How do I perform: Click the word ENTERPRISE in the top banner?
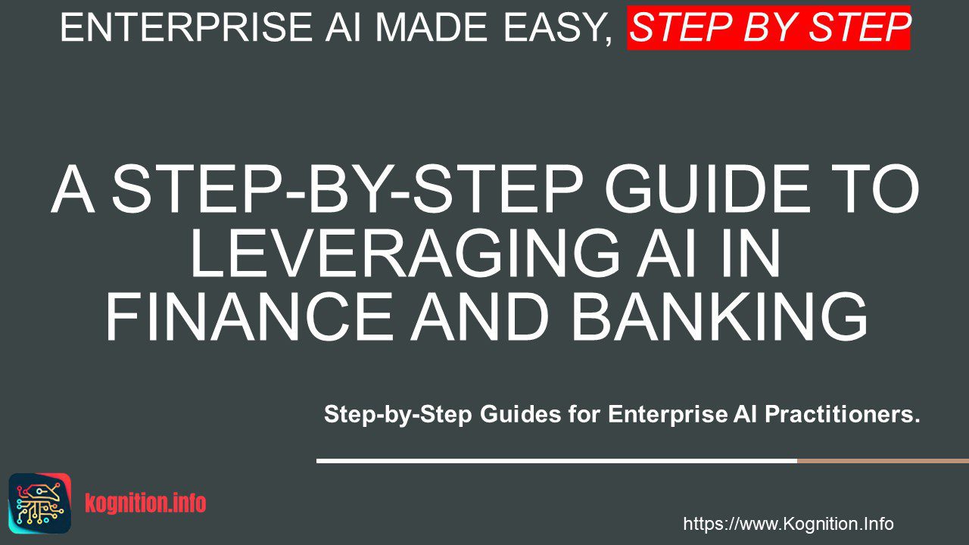click(x=186, y=27)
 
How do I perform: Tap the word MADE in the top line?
click(x=432, y=27)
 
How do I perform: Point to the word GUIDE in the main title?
click(x=707, y=189)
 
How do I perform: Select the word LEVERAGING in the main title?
click(x=405, y=253)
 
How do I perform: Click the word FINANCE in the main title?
click(x=249, y=317)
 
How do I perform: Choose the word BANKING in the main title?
click(x=719, y=317)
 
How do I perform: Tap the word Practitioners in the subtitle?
click(x=841, y=414)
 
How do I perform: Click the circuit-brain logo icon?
click(x=40, y=503)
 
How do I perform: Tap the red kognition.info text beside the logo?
click(x=145, y=503)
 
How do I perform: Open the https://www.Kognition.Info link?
click(x=789, y=524)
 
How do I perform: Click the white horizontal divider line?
click(x=556, y=461)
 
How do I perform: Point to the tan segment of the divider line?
click(x=883, y=461)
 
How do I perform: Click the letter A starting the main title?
click(x=73, y=189)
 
